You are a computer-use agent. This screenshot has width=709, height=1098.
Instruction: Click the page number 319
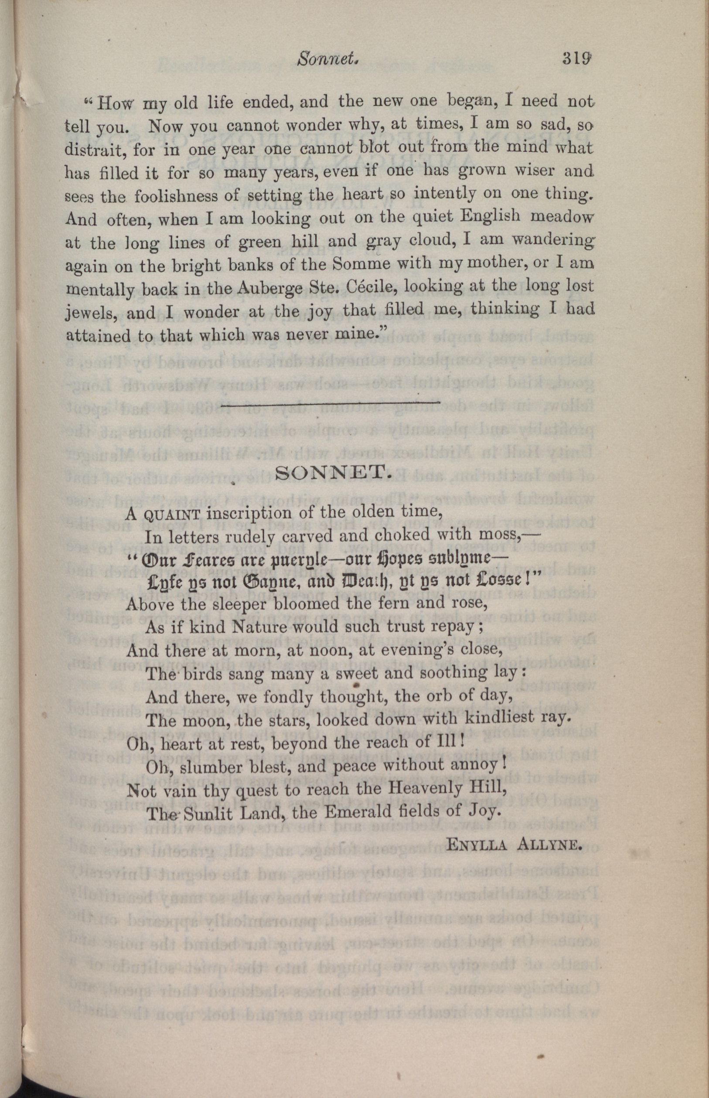pyautogui.click(x=576, y=59)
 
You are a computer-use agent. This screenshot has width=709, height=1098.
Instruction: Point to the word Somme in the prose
pyautogui.click(x=376, y=265)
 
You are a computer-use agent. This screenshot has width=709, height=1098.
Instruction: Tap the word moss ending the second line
pyautogui.click(x=501, y=536)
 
